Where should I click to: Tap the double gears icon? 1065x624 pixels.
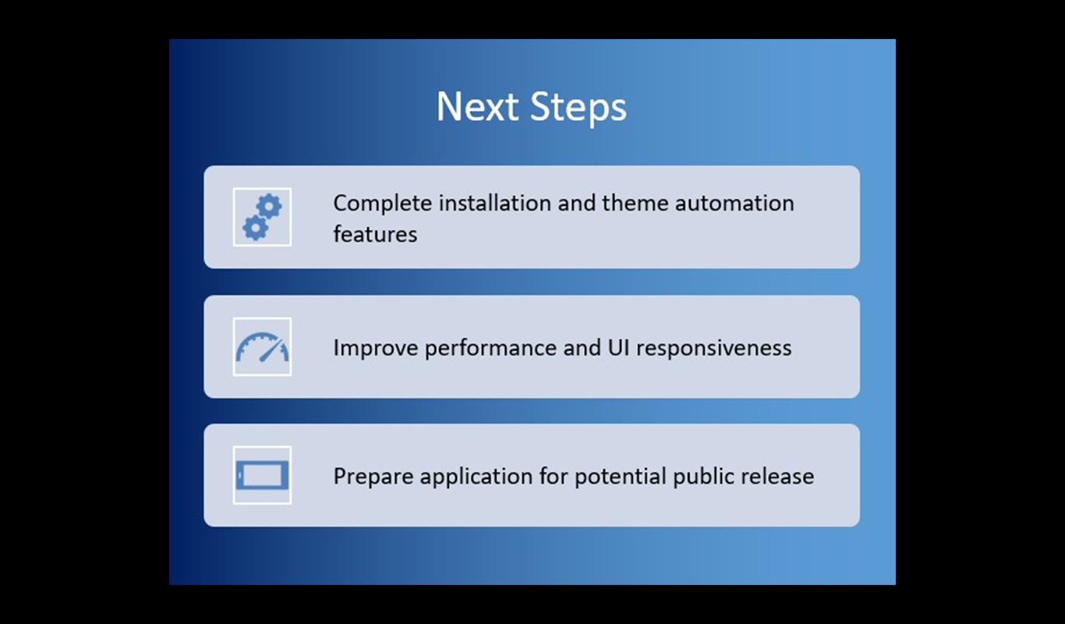click(262, 217)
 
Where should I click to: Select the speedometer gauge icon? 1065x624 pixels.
click(262, 347)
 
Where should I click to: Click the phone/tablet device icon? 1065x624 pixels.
click(262, 475)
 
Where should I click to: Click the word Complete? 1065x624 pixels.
click(382, 204)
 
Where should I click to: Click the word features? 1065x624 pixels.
click(375, 234)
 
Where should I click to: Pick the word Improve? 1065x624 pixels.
click(376, 348)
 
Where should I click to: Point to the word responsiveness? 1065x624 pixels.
click(713, 348)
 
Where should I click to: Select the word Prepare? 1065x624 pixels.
click(369, 477)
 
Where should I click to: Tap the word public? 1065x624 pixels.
click(705, 477)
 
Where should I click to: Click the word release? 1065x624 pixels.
click(781, 476)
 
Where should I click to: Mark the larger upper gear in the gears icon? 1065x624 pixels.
click(270, 207)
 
